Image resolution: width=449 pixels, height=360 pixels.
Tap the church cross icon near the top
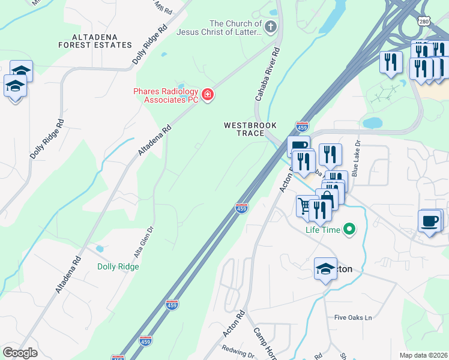(271, 26)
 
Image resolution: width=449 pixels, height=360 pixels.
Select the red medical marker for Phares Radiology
(208, 95)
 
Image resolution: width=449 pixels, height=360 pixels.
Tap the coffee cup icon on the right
(429, 221)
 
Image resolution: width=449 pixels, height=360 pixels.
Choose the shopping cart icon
(305, 207)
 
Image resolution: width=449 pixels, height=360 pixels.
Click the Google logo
(20, 352)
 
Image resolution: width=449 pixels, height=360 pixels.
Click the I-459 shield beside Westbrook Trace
(302, 127)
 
